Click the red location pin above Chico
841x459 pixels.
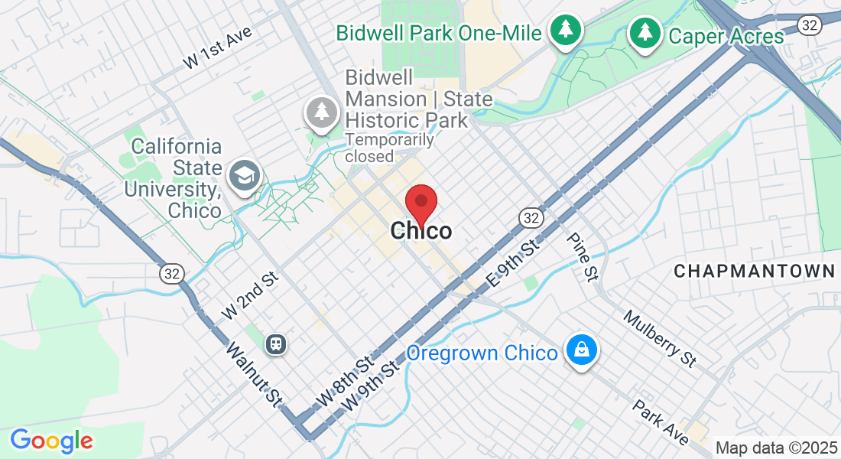point(420,203)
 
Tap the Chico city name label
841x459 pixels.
point(420,230)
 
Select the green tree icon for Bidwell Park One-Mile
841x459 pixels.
point(566,31)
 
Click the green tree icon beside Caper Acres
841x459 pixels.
point(645,33)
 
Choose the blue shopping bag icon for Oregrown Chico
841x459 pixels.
point(582,351)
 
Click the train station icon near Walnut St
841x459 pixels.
point(276,343)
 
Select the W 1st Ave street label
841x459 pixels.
point(218,51)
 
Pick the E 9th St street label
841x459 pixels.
point(513,265)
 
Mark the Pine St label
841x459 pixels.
point(582,257)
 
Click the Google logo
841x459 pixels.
point(51,441)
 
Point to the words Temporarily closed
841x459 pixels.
point(389,148)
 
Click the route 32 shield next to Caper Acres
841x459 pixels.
point(809,25)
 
